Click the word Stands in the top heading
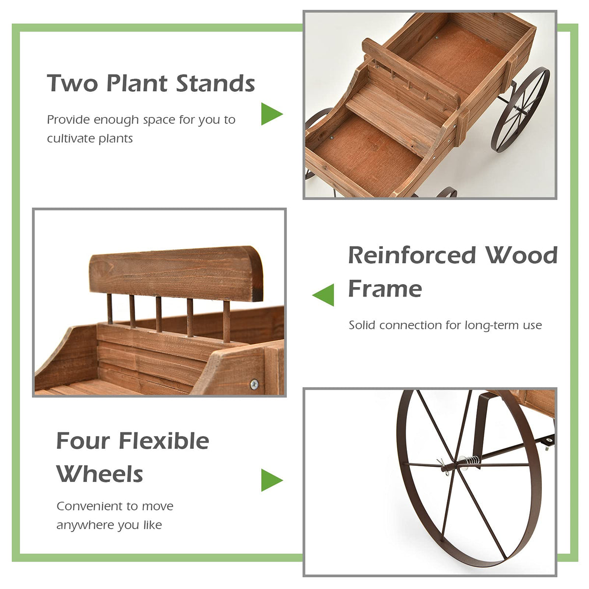[x=215, y=83]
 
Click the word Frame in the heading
[x=385, y=289]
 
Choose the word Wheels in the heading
[x=100, y=474]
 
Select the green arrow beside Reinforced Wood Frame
[x=324, y=295]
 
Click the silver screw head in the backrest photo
[x=254, y=384]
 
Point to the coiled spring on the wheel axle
[x=471, y=461]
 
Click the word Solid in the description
[x=362, y=325]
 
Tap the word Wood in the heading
[x=521, y=255]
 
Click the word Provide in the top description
[x=68, y=120]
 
